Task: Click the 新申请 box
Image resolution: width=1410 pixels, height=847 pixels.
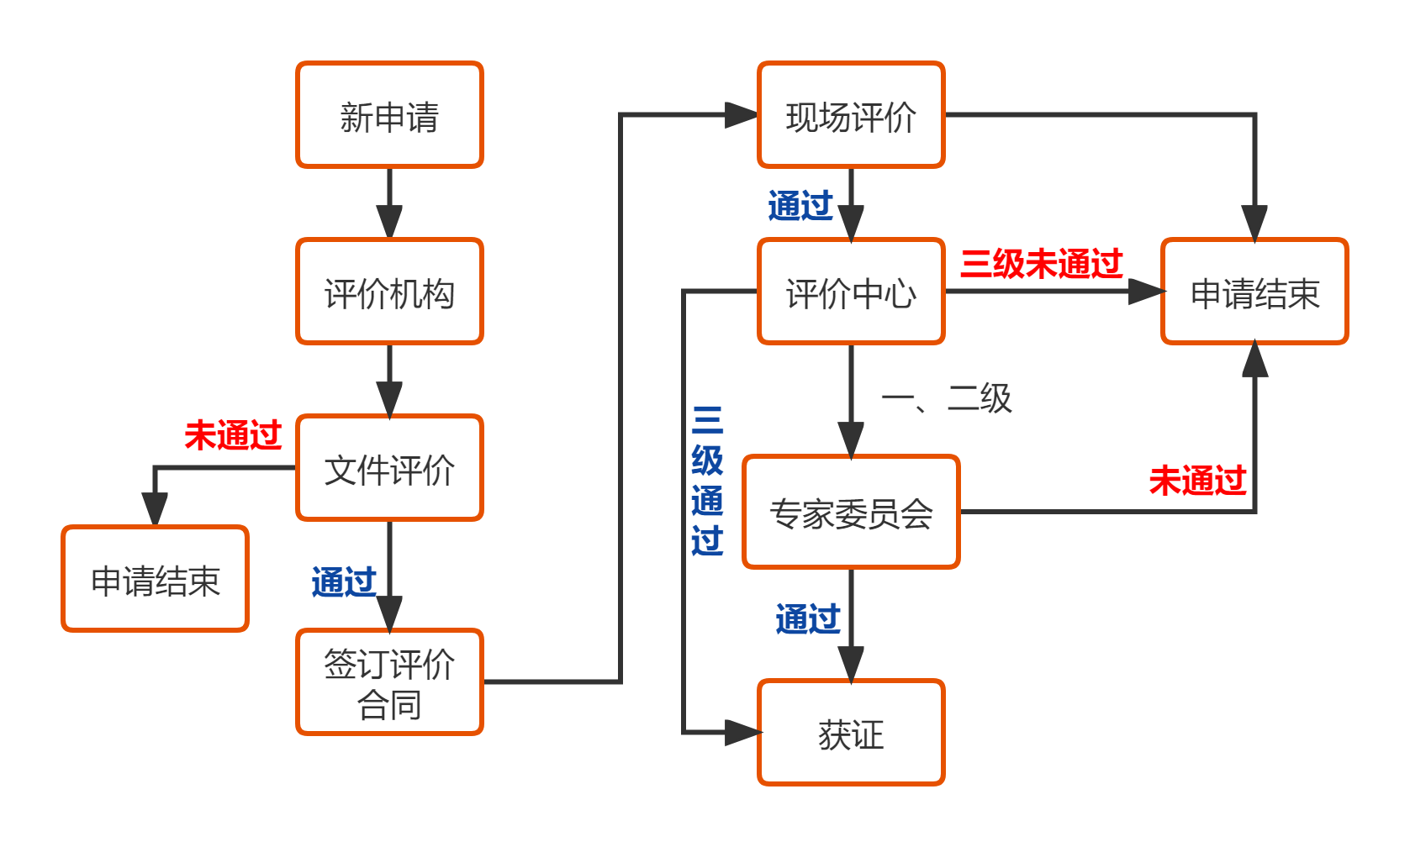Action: coord(389,115)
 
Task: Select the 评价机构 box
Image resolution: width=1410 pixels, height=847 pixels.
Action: coord(389,292)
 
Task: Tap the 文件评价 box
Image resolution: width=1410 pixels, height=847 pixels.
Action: coord(389,468)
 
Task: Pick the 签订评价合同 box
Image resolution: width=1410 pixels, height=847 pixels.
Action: coord(389,682)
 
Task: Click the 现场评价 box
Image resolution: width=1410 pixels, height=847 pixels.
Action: coord(851,115)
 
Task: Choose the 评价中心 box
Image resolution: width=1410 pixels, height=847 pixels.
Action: coord(851,292)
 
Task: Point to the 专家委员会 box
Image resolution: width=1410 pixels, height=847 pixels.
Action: coord(851,513)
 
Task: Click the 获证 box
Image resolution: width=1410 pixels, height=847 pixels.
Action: coord(851,733)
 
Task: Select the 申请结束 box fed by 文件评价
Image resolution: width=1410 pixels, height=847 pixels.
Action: coord(156,579)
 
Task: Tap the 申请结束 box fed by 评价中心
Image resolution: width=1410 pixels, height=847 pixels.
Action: coord(1254,292)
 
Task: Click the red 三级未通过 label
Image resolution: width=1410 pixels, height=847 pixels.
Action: coord(1041,264)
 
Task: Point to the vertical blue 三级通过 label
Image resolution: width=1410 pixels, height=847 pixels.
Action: coord(707,481)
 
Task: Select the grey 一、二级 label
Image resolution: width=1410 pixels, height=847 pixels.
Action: coord(946,398)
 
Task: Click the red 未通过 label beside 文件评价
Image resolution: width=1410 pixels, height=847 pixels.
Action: coord(233,435)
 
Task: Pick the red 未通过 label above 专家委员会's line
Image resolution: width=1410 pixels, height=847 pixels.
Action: coord(1197,481)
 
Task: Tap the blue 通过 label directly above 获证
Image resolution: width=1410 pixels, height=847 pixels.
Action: coord(807,619)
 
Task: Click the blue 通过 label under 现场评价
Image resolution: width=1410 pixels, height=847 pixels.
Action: coord(800,206)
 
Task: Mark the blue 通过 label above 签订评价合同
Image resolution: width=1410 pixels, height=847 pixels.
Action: coord(343,582)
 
